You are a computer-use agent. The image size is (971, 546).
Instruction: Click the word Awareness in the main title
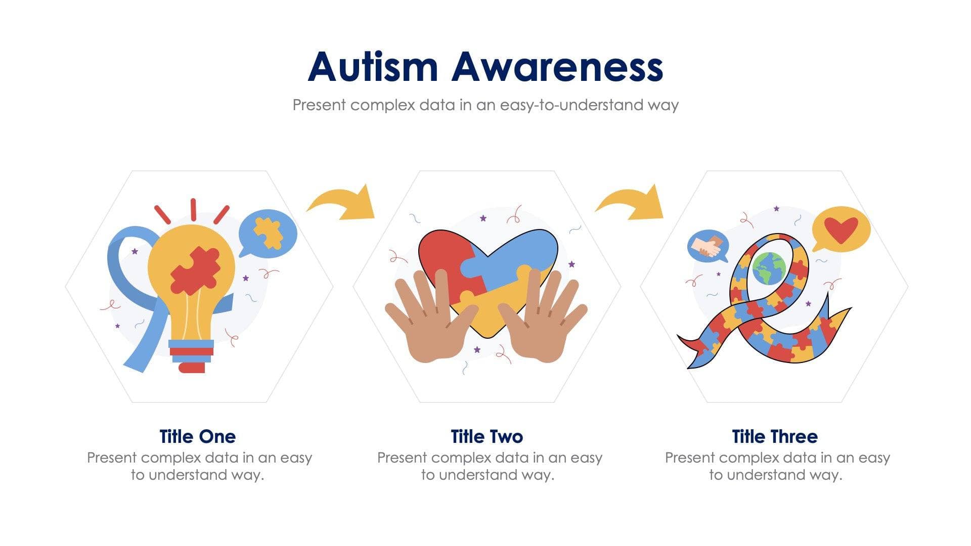tap(557, 67)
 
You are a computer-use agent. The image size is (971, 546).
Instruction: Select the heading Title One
tap(197, 436)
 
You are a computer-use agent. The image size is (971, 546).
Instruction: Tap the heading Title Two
tap(487, 436)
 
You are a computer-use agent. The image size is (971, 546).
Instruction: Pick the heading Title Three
tap(774, 436)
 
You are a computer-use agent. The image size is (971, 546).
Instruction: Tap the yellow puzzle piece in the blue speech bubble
tap(268, 233)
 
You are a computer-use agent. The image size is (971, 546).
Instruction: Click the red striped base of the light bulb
tap(191, 352)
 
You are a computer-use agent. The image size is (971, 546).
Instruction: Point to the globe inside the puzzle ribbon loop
tap(769, 268)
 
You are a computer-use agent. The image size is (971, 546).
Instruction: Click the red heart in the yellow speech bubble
tap(841, 229)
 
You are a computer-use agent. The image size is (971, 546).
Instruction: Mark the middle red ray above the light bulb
tap(193, 209)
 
